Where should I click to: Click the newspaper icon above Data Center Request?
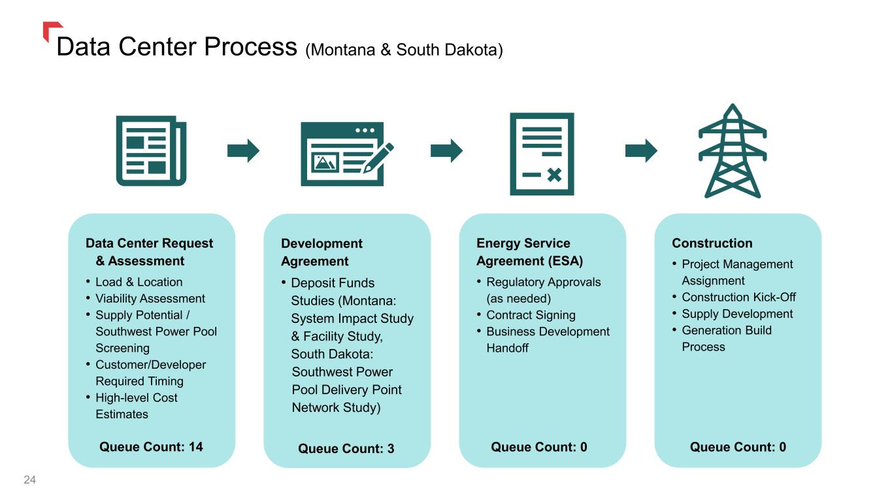(151, 150)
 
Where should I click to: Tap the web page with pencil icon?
(347, 154)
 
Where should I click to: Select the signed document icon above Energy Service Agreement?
(542, 154)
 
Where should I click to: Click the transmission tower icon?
(733, 150)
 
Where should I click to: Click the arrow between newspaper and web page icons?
(243, 150)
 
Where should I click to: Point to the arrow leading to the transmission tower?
(641, 150)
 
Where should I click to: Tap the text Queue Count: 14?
(151, 446)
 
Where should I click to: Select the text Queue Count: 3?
(346, 448)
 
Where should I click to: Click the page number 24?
(30, 480)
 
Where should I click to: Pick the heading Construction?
(712, 243)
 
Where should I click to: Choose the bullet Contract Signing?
(531, 315)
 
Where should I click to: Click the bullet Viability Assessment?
(150, 299)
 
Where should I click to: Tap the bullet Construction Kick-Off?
(738, 297)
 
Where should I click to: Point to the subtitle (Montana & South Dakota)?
(405, 50)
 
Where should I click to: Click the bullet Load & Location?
(139, 282)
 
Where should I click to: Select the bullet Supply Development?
(737, 314)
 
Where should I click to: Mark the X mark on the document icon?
(554, 175)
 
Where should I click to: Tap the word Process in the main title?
(250, 46)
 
